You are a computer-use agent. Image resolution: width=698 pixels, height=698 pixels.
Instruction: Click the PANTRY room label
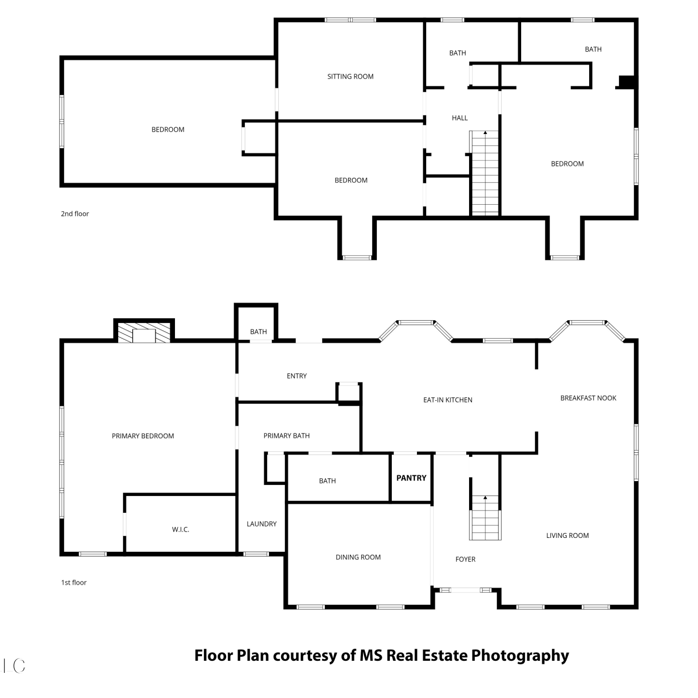411,478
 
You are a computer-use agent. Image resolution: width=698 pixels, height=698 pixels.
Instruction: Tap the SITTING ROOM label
350,76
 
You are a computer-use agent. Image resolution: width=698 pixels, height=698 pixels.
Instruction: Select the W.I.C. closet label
181,530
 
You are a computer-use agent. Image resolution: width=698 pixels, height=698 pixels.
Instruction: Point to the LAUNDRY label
262,524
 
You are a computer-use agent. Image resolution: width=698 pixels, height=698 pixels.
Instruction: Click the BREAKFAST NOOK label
588,398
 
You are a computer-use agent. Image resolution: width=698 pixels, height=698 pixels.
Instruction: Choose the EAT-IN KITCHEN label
448,400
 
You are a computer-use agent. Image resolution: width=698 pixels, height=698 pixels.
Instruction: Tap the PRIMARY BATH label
287,436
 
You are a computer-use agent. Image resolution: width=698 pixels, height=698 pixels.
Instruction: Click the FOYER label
465,559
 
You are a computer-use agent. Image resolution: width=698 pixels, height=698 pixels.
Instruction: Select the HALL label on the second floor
460,118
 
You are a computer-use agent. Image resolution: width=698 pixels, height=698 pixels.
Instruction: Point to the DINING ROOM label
358,557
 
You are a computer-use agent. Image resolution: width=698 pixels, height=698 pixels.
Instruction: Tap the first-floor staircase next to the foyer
485,517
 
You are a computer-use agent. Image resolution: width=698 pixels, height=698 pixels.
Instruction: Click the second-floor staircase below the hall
485,173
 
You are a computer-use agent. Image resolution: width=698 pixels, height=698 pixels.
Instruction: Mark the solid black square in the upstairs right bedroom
627,81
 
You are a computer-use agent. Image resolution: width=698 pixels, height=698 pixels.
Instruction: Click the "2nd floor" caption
75,214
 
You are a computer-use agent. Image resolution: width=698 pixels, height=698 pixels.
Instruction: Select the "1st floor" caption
74,582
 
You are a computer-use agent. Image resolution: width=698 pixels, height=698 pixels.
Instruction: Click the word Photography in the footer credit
520,656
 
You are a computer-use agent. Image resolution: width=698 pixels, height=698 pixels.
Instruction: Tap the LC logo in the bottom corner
14,666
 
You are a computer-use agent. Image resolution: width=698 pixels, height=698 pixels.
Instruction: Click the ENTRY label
297,376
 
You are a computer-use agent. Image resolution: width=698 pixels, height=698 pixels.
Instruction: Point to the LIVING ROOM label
567,536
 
